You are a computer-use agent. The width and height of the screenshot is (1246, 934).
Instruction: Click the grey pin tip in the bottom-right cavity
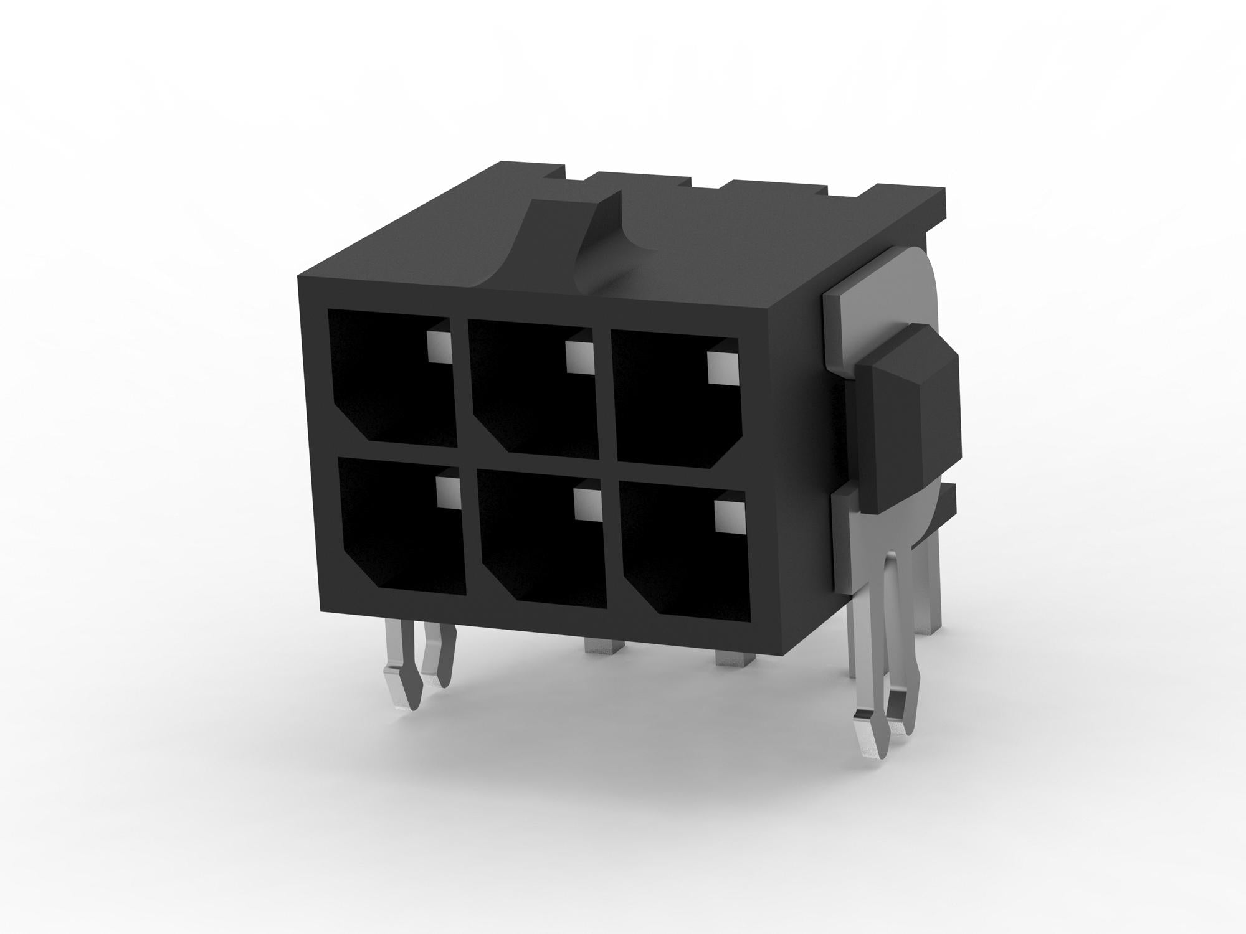tap(730, 517)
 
